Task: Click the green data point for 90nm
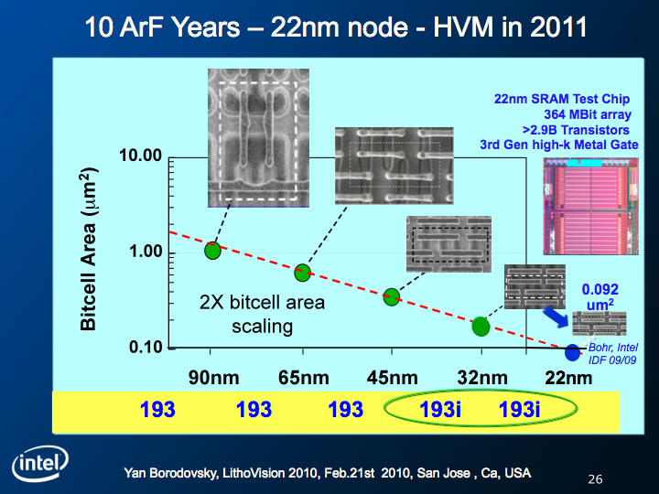(212, 251)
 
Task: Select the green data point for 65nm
(302, 273)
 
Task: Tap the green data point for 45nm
(392, 297)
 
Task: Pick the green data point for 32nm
(481, 327)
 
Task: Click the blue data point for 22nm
(572, 352)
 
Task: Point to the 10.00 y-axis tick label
(140, 156)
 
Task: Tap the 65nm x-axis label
(304, 378)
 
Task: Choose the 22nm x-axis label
(568, 378)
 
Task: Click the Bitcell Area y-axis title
(89, 249)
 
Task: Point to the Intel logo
(40, 463)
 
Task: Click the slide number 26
(595, 479)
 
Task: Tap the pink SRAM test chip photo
(591, 206)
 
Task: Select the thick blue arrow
(556, 317)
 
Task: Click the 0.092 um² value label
(600, 296)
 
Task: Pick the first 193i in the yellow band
(440, 409)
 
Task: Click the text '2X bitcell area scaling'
(263, 314)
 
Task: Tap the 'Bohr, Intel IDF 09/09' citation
(612, 354)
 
